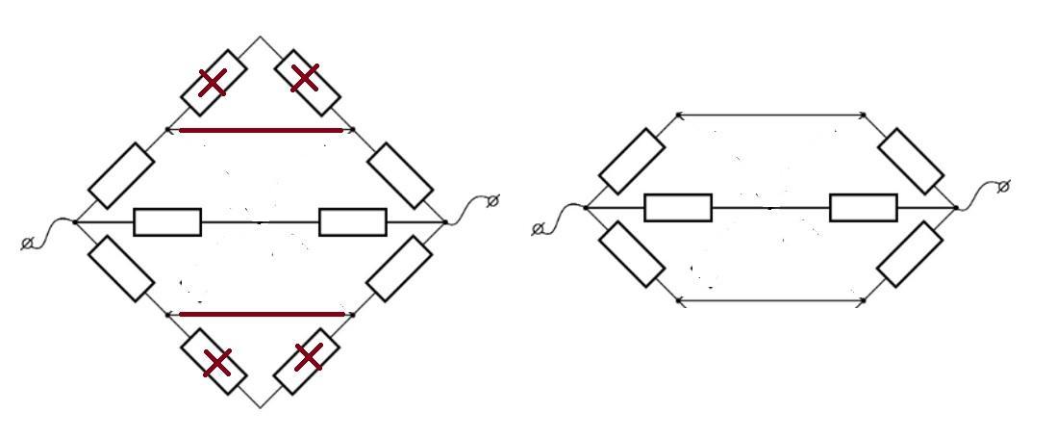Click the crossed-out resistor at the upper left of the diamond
(214, 83)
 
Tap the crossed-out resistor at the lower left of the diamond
(216, 362)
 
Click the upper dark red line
(261, 130)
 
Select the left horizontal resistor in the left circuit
(167, 222)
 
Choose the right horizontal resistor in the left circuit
(352, 222)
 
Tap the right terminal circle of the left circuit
(493, 200)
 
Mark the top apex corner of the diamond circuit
(261, 38)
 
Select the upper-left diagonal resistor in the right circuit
(631, 161)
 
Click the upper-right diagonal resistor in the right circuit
(911, 161)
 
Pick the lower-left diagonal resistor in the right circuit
(631, 253)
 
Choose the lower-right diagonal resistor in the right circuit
(910, 254)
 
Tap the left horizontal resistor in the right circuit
(678, 208)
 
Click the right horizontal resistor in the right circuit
(864, 208)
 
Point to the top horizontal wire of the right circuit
(770, 116)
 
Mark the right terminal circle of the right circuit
(1003, 186)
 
